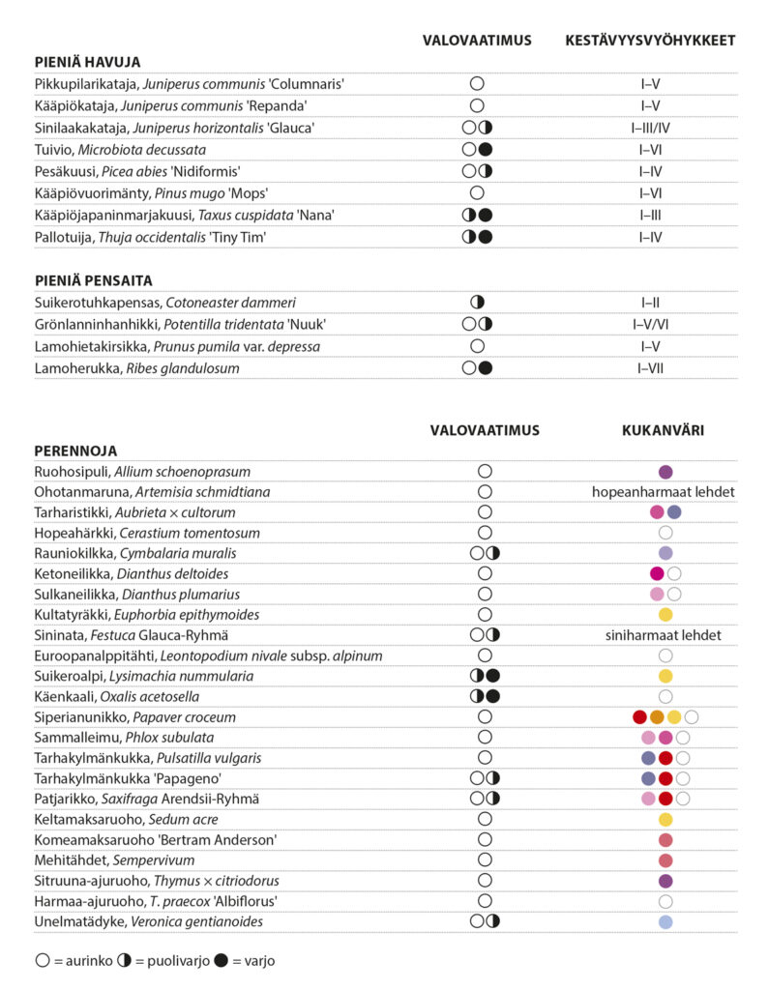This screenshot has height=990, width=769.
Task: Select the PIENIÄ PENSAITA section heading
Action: [x=93, y=280]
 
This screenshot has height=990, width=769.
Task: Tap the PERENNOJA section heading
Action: [x=75, y=451]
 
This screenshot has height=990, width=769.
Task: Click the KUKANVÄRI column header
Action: [x=663, y=430]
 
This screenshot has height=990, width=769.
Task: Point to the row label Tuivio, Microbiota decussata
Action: [x=120, y=150]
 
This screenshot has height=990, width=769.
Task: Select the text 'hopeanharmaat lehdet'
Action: [x=664, y=492]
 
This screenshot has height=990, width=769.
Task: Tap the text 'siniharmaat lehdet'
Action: [x=664, y=635]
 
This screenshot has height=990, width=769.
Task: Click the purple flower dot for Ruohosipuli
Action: [x=665, y=472]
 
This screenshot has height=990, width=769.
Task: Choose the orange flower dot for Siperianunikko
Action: [x=657, y=717]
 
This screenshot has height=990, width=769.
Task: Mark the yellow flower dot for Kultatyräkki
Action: [x=665, y=615]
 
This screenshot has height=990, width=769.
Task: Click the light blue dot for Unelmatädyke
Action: [x=665, y=921]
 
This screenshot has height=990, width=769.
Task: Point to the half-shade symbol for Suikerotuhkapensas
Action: [x=477, y=303]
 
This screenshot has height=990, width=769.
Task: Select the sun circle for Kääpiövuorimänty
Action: [x=477, y=193]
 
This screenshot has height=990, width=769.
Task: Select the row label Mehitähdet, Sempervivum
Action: [x=114, y=860]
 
